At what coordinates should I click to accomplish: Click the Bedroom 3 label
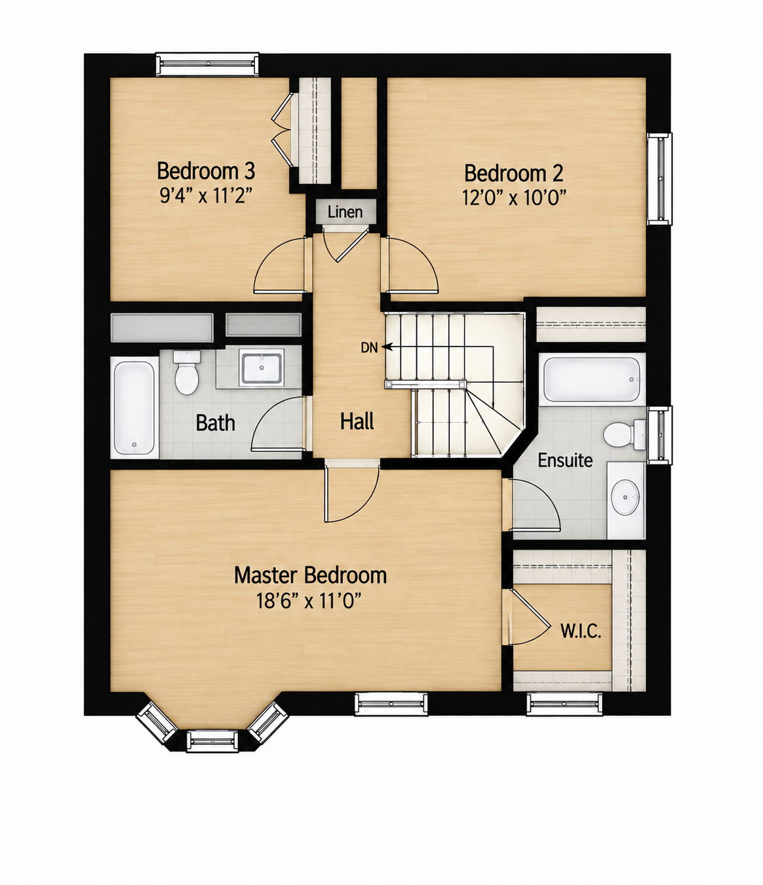206,171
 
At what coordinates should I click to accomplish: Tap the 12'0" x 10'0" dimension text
514,198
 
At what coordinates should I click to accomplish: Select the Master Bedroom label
311,575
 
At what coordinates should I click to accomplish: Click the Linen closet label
345,212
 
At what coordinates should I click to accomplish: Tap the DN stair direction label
369,348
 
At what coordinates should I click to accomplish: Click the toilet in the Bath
187,372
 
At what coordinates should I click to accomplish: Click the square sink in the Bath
262,367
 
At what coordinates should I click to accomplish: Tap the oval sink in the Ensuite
625,497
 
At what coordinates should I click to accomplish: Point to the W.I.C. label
581,631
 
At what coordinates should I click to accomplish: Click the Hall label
357,421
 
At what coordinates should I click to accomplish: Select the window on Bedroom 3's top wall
207,64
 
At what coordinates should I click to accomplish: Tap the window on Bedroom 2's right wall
659,179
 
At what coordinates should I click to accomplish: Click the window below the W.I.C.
564,704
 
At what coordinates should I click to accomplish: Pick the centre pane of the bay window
212,740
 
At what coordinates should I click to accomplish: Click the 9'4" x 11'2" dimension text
205,196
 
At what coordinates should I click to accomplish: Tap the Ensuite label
565,461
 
